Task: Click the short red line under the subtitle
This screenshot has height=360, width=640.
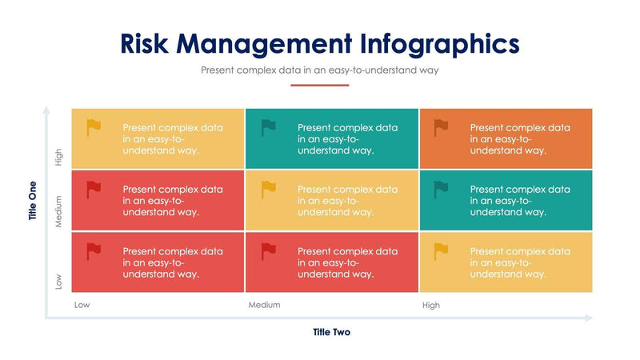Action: coord(319,85)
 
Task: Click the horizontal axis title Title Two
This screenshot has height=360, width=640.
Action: coord(331,332)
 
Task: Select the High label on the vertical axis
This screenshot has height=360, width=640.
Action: coord(58,158)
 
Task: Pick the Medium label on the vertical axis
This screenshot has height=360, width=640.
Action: coord(58,213)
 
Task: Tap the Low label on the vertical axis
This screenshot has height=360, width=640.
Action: coord(58,282)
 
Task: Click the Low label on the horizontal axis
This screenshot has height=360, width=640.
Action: coord(82,305)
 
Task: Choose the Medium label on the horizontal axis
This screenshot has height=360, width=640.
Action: coord(264,305)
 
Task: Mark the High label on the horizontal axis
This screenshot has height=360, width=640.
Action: coord(430,305)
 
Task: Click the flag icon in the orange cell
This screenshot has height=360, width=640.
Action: coord(441,127)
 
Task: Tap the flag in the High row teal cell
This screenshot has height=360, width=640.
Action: coord(268,127)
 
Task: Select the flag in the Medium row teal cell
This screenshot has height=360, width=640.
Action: coord(441,190)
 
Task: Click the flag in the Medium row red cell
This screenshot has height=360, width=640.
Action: coord(94,190)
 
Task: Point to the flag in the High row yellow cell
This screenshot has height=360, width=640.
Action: coord(94,127)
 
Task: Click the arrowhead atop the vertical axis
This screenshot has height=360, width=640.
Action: coord(46,110)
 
